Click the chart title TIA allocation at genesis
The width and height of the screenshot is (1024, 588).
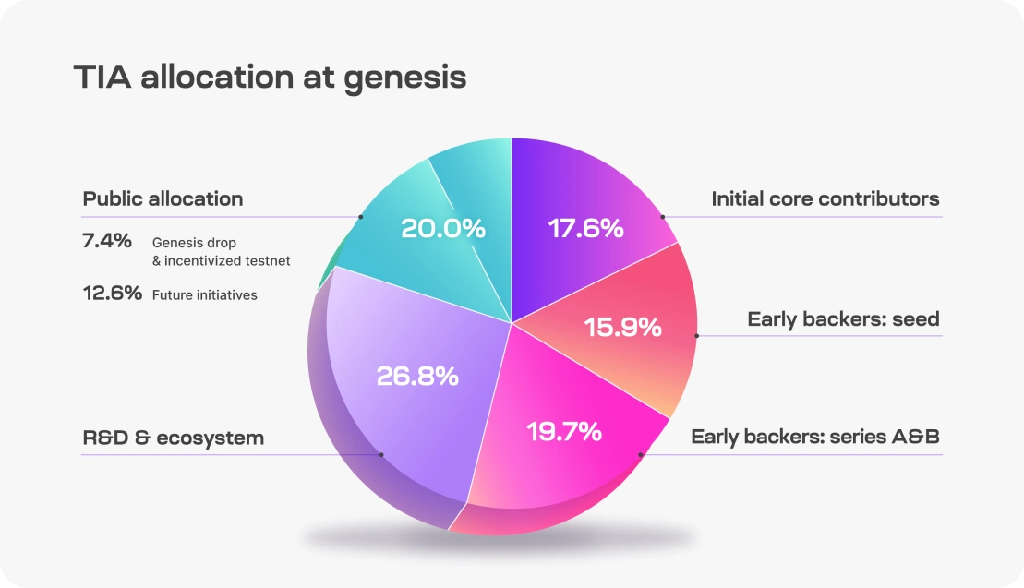tap(270, 78)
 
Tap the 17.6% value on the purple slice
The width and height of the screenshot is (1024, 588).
tap(586, 228)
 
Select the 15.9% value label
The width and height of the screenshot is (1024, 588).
tap(623, 327)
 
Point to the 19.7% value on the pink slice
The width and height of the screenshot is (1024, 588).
tap(563, 430)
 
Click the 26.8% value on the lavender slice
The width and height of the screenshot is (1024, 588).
tap(417, 376)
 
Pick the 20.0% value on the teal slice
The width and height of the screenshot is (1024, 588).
tap(443, 228)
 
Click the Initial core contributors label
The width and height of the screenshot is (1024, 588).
tap(825, 198)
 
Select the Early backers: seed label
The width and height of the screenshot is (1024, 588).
tap(843, 319)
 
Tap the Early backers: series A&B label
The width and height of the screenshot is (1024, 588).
tap(814, 437)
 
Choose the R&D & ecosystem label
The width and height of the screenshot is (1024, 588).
tap(174, 438)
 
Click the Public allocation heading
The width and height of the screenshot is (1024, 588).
tap(163, 198)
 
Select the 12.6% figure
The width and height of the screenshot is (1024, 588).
tap(112, 294)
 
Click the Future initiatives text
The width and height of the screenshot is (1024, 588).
tap(205, 295)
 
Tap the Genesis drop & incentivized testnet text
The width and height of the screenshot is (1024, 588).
tap(221, 252)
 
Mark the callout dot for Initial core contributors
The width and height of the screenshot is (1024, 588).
tap(663, 217)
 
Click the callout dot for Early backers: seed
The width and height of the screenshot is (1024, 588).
tap(696, 336)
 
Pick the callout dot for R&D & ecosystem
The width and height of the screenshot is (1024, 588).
tap(380, 454)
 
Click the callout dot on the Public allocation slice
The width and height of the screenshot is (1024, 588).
tap(360, 217)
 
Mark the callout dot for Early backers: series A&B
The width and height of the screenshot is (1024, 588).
tap(641, 454)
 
